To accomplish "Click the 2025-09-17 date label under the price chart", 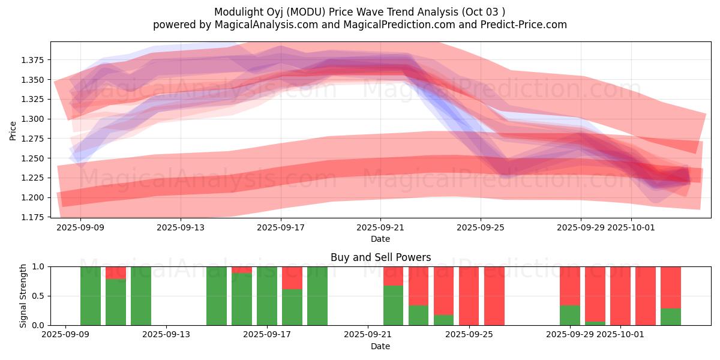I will [281, 228].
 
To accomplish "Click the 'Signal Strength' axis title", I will [23, 296].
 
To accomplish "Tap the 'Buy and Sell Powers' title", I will [380, 257].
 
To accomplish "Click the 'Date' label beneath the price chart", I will [380, 239].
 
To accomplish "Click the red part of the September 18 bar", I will [292, 278].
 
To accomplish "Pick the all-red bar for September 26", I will [494, 296].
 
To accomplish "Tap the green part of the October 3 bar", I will [671, 317].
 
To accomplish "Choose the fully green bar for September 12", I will [141, 296].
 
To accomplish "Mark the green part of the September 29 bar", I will [570, 315].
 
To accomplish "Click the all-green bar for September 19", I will [317, 296].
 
